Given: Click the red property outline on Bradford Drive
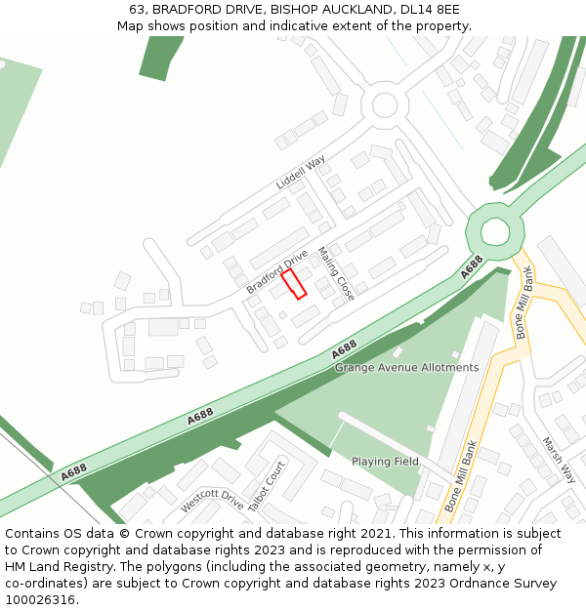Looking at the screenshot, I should tap(294, 284).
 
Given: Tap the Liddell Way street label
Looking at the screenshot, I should tap(300, 172).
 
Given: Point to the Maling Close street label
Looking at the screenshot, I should tap(336, 273).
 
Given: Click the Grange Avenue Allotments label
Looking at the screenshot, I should tap(406, 368).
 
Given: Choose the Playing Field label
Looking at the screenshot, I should tap(385, 462).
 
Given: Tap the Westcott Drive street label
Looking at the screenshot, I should tap(212, 501).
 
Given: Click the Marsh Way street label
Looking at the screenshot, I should tap(559, 460).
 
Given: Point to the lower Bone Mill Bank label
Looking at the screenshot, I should tap(460, 477).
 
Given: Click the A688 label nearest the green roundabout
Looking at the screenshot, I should tap(473, 265).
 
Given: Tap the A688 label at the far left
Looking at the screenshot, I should tap(73, 471).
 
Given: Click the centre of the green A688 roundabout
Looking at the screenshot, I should tap(495, 232).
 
